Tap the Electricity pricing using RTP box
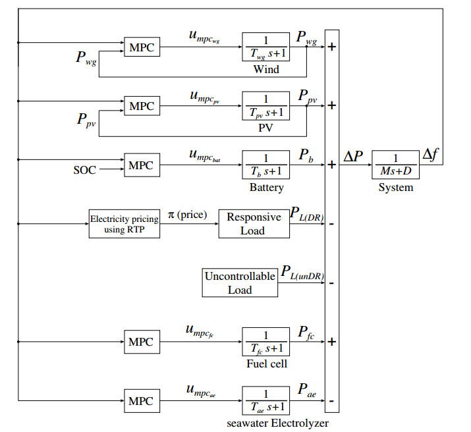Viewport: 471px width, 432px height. point(124,224)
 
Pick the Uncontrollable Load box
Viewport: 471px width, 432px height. point(240,283)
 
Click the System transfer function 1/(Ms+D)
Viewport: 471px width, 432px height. point(396,165)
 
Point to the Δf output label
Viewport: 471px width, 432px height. point(432,155)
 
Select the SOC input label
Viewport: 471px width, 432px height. point(84,171)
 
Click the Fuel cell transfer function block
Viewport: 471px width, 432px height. point(266,342)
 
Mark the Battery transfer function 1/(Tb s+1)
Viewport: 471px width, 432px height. point(266,165)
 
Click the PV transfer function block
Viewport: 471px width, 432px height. point(266,105)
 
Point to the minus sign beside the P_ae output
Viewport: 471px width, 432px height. point(332,401)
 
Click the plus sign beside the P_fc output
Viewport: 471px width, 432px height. point(332,342)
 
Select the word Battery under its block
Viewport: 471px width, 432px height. point(266,188)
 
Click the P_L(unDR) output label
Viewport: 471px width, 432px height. point(302,272)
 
